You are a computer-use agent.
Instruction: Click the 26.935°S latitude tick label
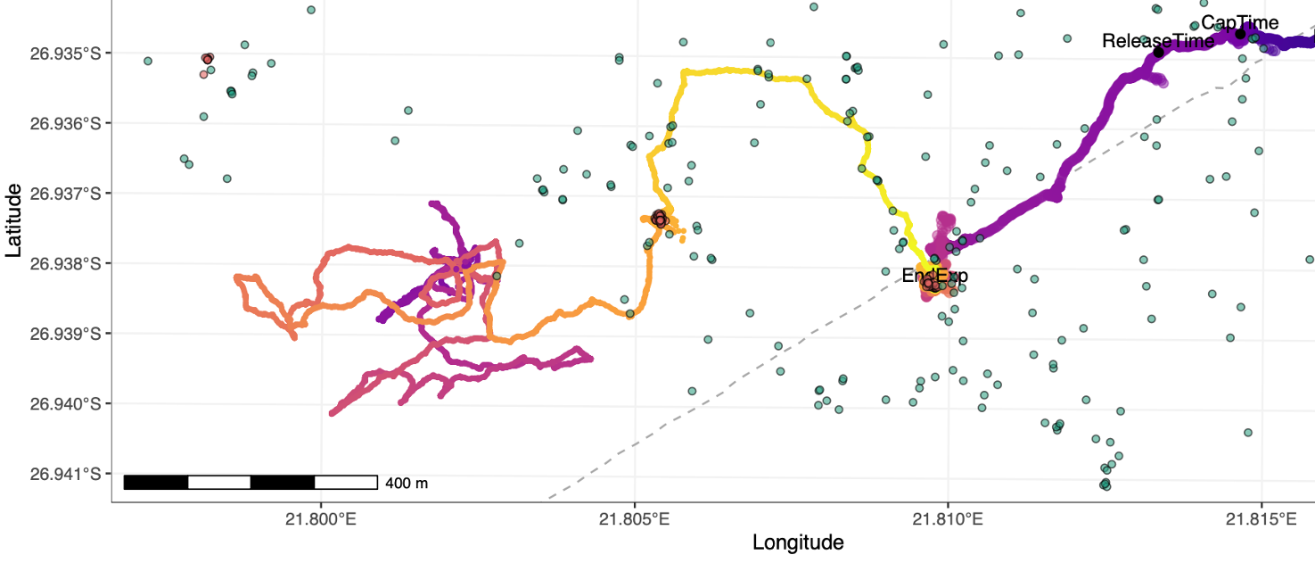coord(64,53)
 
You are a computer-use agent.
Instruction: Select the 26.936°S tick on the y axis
coord(64,123)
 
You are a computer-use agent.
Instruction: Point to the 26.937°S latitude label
coord(64,194)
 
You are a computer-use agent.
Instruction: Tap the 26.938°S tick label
coord(64,263)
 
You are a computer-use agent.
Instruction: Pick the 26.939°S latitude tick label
coord(64,334)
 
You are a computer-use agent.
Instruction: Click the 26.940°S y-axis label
coord(64,403)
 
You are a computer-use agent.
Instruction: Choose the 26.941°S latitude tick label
coord(64,474)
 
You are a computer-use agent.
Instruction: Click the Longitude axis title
coord(798,542)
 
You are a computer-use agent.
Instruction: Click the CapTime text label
coord(1239,23)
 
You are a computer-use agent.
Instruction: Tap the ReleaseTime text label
coord(1157,41)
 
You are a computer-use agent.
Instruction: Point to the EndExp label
coord(934,276)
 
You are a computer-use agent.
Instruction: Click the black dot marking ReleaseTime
coord(1158,52)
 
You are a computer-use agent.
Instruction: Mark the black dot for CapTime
coord(1240,34)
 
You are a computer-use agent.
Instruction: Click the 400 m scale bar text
coord(407,484)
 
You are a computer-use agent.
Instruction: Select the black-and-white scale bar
coord(251,483)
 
